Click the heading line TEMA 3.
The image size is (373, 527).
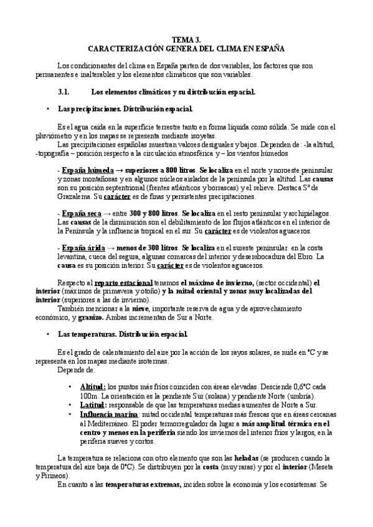click(187, 39)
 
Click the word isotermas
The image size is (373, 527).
click(189, 360)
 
